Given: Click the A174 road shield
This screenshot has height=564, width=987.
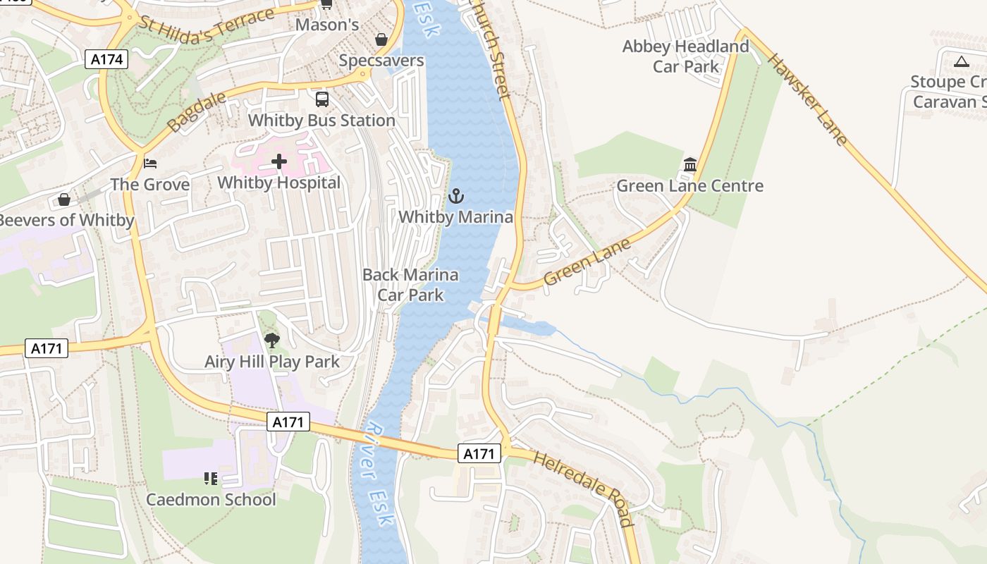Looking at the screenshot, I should (108, 59).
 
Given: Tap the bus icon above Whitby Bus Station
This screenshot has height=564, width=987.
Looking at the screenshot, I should (322, 99).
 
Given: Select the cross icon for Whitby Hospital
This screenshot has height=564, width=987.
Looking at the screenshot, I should (279, 162).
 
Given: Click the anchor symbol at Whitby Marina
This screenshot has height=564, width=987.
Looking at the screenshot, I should (456, 195).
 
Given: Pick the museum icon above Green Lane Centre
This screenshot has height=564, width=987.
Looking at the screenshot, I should (689, 165).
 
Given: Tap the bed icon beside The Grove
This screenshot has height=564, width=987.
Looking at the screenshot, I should (149, 164).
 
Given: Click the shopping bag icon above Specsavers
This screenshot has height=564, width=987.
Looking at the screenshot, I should (381, 39).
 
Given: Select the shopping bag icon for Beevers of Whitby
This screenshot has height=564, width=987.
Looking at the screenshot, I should (64, 200).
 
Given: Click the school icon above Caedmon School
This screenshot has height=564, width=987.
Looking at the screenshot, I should (210, 479).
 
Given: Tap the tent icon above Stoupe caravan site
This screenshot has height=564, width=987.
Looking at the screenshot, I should (961, 61).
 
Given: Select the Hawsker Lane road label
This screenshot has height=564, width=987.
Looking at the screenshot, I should (808, 99).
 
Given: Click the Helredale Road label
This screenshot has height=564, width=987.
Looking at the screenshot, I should (583, 489).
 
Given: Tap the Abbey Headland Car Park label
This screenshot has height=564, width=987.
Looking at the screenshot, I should (685, 56).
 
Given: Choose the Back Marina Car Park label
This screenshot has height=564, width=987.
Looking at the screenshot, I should (410, 284).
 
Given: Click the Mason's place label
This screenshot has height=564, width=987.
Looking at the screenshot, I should (326, 25).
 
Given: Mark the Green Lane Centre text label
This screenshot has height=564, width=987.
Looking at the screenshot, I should (689, 186).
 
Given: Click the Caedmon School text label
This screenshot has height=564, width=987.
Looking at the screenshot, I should (211, 500).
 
